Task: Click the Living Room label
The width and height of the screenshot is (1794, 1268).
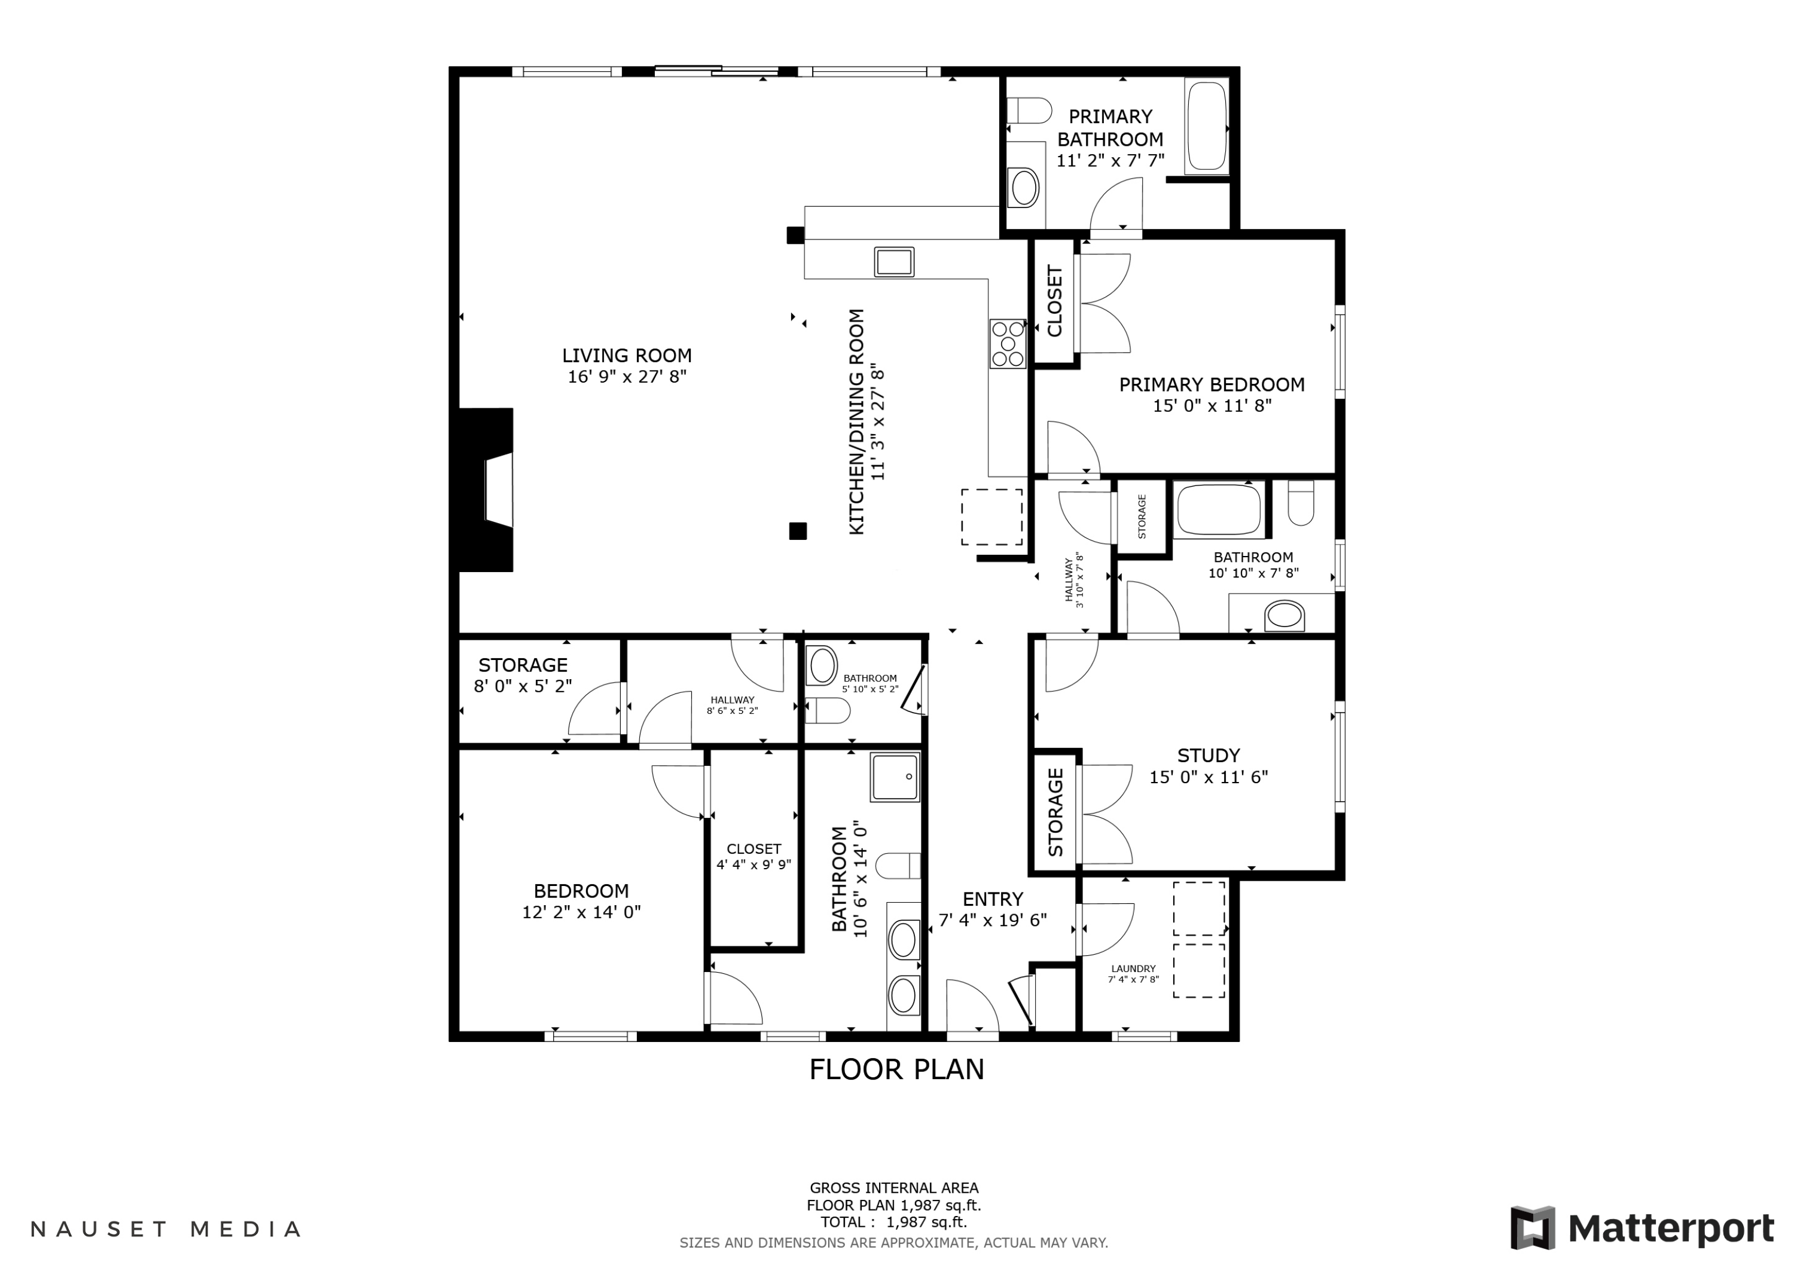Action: (x=627, y=356)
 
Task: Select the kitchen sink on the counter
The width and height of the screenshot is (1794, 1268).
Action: (x=894, y=261)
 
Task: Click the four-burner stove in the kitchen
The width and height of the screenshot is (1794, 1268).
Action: (x=1007, y=344)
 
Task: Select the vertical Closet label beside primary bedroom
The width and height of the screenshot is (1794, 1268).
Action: (x=1054, y=301)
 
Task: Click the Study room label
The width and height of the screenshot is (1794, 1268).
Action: (x=1208, y=756)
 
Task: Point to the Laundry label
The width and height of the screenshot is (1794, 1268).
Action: (x=1133, y=968)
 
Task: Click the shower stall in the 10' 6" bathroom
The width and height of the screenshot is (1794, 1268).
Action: (x=895, y=777)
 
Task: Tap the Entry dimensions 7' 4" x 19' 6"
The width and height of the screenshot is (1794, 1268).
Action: (x=992, y=920)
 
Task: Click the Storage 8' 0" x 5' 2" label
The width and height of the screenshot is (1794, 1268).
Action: (x=523, y=675)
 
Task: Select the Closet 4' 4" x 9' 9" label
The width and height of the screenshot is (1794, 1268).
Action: (x=753, y=856)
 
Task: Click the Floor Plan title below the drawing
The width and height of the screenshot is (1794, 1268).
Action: (x=896, y=1070)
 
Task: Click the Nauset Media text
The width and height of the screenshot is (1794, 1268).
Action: (x=166, y=1229)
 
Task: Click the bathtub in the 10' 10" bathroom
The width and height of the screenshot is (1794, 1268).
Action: (x=1218, y=509)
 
